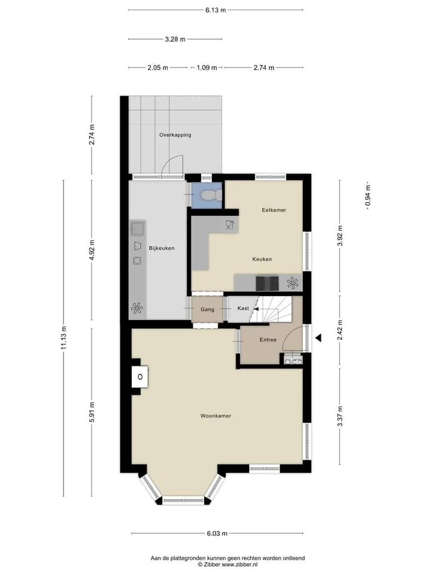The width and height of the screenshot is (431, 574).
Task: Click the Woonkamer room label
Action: (x=215, y=416)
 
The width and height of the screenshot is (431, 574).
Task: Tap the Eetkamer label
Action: (x=274, y=210)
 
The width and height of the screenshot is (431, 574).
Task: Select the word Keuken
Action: (x=262, y=259)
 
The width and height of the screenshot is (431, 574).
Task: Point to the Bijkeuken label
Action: (x=162, y=248)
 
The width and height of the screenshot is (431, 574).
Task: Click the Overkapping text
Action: (x=175, y=135)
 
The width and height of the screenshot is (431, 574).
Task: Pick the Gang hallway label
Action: (x=207, y=310)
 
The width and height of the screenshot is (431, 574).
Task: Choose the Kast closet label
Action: (x=243, y=309)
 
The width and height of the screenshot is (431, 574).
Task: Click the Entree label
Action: (x=268, y=340)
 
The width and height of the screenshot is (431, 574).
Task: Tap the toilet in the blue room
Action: (x=210, y=195)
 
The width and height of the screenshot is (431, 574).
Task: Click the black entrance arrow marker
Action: (x=318, y=338)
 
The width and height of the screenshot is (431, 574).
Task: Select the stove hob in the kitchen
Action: (x=267, y=283)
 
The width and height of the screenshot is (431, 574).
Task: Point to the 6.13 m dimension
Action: (x=215, y=10)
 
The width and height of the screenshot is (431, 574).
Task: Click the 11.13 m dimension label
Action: (x=63, y=337)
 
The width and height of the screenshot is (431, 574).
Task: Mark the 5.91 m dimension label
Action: (x=92, y=412)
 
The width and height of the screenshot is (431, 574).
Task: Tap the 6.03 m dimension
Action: (x=217, y=533)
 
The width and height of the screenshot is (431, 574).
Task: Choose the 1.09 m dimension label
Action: (x=207, y=68)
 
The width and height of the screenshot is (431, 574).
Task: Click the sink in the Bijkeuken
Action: (x=138, y=229)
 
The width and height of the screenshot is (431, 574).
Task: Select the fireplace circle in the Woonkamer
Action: (x=140, y=376)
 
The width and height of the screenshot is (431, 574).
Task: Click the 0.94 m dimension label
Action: (x=368, y=195)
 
